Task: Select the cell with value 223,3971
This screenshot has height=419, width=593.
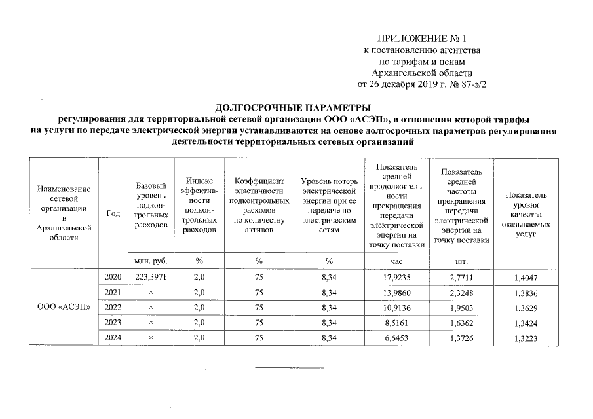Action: pyautogui.click(x=151, y=278)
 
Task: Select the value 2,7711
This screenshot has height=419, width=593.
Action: pyautogui.click(x=461, y=278)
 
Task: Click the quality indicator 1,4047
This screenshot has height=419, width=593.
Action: pyautogui.click(x=527, y=278)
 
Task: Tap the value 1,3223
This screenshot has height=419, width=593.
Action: pyautogui.click(x=527, y=338)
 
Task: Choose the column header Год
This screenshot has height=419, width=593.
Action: pyautogui.click(x=113, y=213)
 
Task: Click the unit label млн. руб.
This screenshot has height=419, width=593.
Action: pyautogui.click(x=151, y=261)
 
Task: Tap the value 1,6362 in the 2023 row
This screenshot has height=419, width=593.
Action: pyautogui.click(x=461, y=323)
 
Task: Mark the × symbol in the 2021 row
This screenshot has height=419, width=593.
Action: pyautogui.click(x=151, y=293)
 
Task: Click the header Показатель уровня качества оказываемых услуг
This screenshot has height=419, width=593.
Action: pyautogui.click(x=526, y=214)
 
